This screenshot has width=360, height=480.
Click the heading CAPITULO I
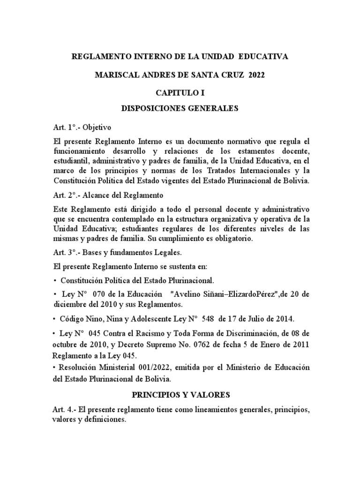pos(180,93)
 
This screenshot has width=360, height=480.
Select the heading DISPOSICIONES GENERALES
pos(180,109)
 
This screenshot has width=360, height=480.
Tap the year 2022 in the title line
pos(256,75)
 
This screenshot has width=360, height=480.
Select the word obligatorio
pos(232,239)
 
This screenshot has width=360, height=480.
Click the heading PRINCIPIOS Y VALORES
pos(180,394)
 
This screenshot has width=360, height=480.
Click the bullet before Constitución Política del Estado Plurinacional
pos(55,280)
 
